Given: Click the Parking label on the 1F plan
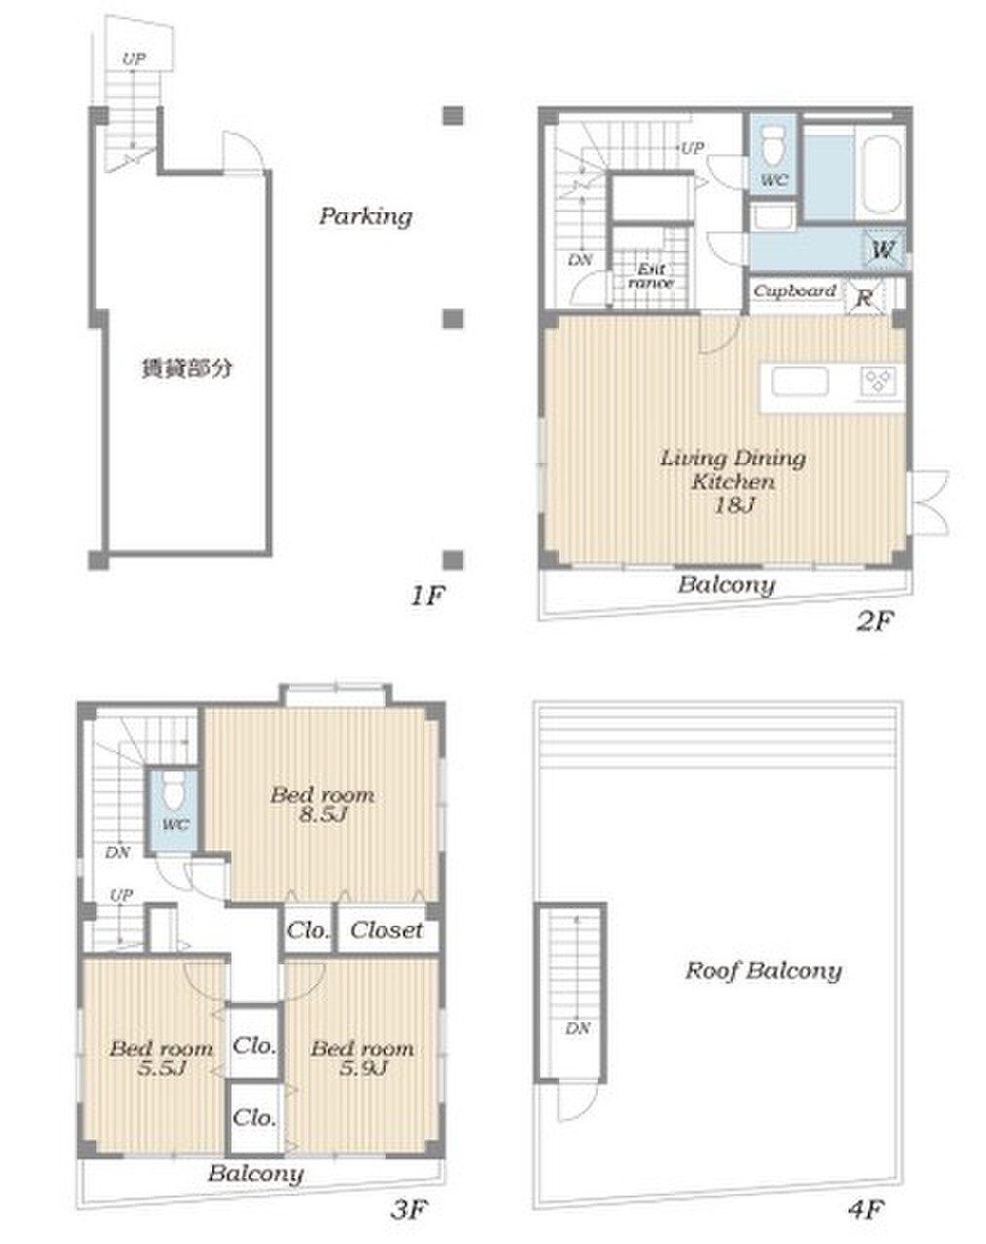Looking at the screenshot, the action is point(366,217).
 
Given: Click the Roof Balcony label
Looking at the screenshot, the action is point(763,971).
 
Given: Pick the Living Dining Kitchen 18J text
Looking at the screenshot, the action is point(733,481).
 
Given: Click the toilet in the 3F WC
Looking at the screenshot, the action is point(173,790).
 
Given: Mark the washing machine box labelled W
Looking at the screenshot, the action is point(884,250).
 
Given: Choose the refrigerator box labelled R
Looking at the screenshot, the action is point(864,298).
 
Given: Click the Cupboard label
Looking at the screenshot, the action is point(794,291).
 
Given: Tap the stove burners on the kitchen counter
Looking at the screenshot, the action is point(877,382).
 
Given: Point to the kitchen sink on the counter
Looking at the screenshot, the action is point(800,381).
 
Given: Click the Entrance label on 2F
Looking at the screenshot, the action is point(651,275).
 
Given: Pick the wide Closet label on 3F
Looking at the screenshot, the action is point(386,930).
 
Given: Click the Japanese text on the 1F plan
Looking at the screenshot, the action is point(187,369).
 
